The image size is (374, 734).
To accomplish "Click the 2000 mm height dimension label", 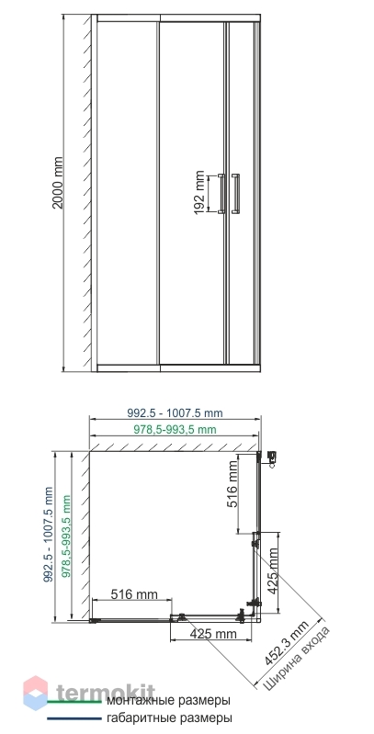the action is coord(58,183).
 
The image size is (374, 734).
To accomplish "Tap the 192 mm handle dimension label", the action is coord(200,192).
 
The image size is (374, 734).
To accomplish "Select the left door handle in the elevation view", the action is coord(221,194).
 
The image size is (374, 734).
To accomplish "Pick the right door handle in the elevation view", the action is coord(236,194).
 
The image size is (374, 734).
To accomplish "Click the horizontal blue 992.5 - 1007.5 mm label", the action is coord(176,413).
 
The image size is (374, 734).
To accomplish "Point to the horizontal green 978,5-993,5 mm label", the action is coord(176,429).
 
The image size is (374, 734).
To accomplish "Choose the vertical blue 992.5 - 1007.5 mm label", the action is coord(48,535).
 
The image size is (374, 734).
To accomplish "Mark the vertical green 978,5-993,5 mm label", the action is coord(66,536).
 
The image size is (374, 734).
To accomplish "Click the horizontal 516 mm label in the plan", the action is coord(134,594).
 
